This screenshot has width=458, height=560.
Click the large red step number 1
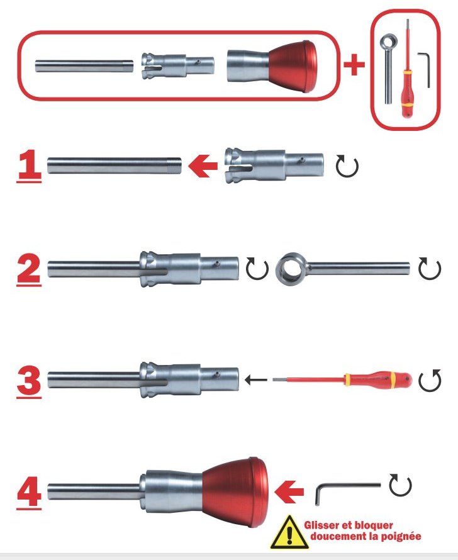tap(30, 165)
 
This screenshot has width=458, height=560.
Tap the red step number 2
tap(30, 271)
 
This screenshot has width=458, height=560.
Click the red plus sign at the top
tap(354, 65)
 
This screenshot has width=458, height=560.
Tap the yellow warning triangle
tap(289, 533)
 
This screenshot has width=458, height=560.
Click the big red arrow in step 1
tap(203, 165)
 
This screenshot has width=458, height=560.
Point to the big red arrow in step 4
tap(289, 492)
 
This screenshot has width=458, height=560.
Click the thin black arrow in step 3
tap(256, 379)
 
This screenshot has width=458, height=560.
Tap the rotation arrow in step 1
tap(347, 166)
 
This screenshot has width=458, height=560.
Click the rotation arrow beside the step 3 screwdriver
tap(430, 381)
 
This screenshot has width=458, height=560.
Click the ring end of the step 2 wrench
tap(292, 269)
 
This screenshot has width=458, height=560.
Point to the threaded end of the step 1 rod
tap(174, 165)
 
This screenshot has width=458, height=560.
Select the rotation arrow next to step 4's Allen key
tap(400, 485)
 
